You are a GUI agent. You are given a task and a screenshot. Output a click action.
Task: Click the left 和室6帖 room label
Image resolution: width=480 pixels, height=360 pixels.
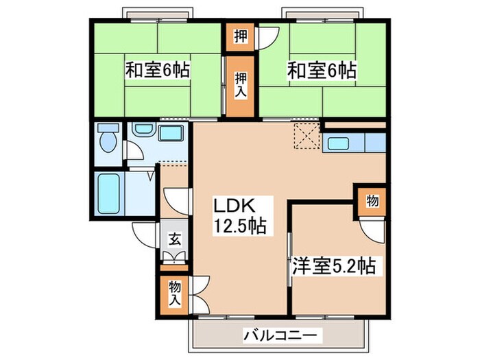[157, 70]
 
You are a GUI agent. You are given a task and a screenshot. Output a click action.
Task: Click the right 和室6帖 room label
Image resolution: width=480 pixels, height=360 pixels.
[321, 70]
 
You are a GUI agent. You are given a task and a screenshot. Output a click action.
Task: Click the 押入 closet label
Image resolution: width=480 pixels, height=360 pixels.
[239, 84]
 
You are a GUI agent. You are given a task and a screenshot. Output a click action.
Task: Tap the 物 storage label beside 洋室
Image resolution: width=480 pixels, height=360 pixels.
[371, 201]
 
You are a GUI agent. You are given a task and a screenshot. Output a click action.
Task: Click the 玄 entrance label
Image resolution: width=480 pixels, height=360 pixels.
[175, 240]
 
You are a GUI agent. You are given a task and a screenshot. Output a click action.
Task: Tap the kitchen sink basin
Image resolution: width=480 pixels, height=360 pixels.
[340, 144]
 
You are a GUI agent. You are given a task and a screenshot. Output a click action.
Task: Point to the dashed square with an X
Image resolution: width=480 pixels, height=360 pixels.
[306, 133]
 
